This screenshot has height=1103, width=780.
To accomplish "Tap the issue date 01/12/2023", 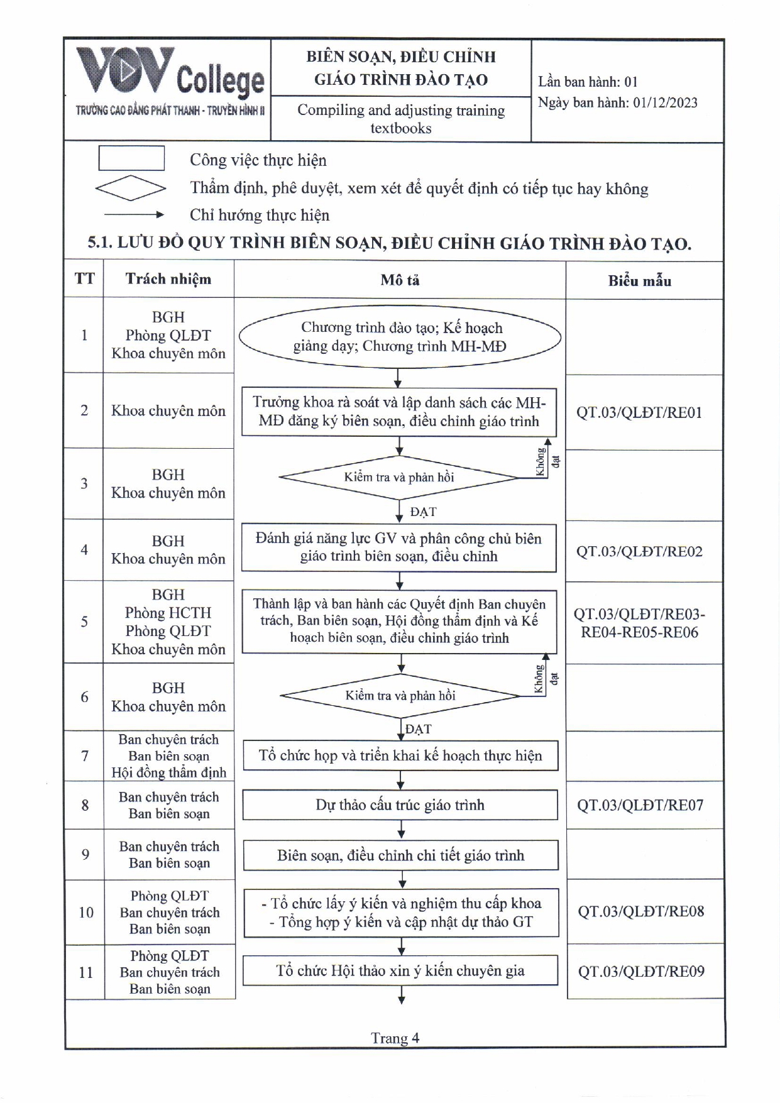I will [x=665, y=103].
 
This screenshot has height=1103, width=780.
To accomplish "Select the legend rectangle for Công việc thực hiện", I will [x=131, y=158].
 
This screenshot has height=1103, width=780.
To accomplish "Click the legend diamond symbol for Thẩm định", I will [x=131, y=188].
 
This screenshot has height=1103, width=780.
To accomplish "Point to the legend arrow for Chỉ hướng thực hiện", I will [x=133, y=215].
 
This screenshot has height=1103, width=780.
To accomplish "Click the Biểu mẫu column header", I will [x=639, y=281].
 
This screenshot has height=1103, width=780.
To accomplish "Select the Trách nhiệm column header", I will [x=168, y=279].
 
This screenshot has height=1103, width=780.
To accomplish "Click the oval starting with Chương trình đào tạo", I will [x=399, y=337].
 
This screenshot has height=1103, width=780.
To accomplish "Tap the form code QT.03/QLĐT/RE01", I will [x=639, y=413].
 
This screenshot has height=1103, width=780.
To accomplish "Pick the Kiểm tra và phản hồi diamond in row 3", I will [x=399, y=478].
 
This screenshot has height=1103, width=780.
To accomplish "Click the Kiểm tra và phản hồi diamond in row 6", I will [x=400, y=696].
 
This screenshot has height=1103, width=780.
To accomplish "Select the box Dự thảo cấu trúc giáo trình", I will [x=400, y=805].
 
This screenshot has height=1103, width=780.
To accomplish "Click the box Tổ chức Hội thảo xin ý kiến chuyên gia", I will [x=400, y=971].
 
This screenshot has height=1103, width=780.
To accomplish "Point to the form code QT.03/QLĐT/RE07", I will [x=640, y=805].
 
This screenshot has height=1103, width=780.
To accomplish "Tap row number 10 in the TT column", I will [x=85, y=913].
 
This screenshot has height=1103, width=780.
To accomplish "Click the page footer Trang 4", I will [x=395, y=1038].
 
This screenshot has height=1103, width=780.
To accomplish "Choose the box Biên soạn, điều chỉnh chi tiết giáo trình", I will [x=400, y=855].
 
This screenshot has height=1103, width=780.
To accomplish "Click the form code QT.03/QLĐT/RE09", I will [x=641, y=972].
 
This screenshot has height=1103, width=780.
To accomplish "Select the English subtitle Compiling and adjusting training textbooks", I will [x=401, y=119].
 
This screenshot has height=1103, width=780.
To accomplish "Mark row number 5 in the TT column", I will [x=84, y=622].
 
